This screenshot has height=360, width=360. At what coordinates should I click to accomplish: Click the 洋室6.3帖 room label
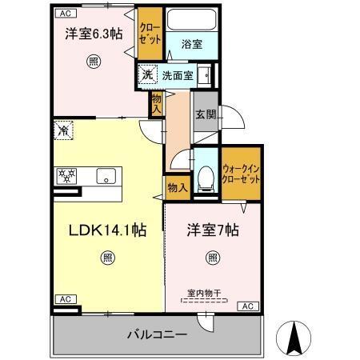click(x=94, y=34)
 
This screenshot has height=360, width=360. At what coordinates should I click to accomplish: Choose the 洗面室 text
click(x=177, y=76)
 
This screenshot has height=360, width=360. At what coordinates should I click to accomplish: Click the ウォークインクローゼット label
click(x=241, y=174)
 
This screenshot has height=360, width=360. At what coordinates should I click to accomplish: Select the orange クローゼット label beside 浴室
click(x=149, y=31)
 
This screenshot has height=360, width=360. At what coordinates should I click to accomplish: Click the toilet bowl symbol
click(x=206, y=178)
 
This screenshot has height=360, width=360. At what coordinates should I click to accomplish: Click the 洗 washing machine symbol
click(x=146, y=75)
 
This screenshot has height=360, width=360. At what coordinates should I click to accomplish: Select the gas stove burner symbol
click(x=66, y=175)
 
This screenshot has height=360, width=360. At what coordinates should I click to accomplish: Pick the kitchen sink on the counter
click(x=105, y=175)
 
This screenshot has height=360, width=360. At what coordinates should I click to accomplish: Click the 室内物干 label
click(x=206, y=293)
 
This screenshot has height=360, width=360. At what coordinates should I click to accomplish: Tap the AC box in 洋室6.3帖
click(x=65, y=13)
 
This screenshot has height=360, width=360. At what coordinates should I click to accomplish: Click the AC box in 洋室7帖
click(x=248, y=306)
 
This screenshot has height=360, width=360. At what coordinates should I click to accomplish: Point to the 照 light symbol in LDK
click(x=106, y=258)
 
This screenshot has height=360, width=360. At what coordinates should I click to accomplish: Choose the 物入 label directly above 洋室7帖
click(x=178, y=187)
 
